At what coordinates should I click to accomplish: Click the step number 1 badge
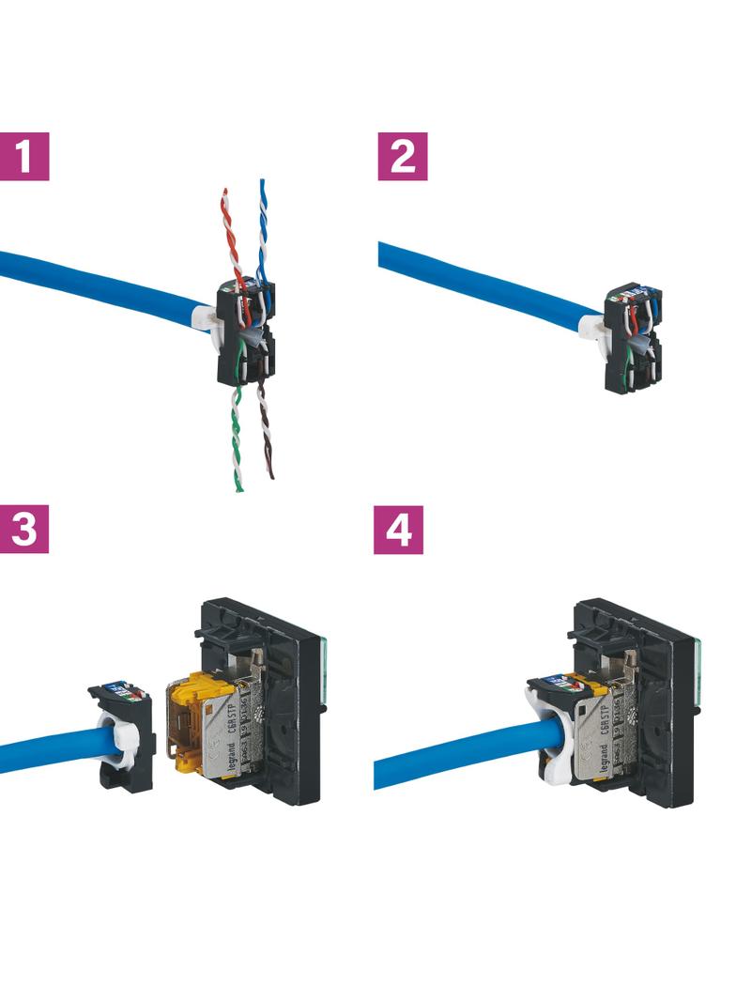(23, 156)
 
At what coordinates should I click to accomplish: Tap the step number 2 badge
(403, 156)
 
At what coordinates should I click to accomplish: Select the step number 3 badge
(23, 529)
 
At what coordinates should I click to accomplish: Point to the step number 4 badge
(398, 529)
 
